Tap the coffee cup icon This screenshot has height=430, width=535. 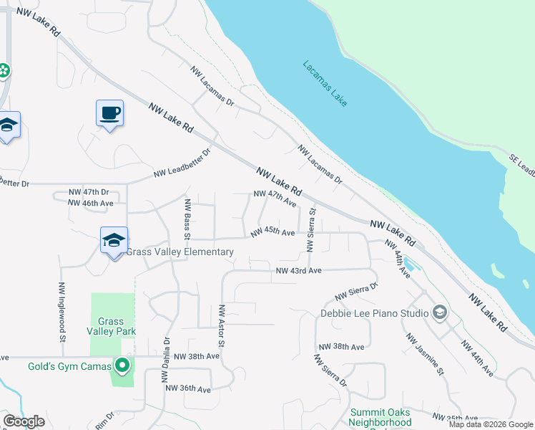[x=109, y=113]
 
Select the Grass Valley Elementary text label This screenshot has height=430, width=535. [x=180, y=252]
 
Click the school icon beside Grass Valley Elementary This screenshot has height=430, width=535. [x=114, y=241]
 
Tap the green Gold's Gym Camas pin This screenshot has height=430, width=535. [x=122, y=366]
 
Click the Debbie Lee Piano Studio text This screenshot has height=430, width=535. [x=373, y=312]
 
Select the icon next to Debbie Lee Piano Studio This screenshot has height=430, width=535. [x=439, y=312]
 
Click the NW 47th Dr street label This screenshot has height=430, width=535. [x=88, y=193]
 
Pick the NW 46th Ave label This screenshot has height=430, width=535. [x=91, y=204]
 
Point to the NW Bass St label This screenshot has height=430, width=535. [x=187, y=219]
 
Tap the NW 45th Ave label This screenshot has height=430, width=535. [x=273, y=233]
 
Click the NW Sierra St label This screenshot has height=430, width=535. [x=311, y=230]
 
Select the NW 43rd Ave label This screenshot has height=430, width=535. [x=299, y=270]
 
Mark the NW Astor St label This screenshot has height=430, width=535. [x=222, y=327]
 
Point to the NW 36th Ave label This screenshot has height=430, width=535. [x=187, y=389]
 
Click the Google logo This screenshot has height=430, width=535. [x=24, y=421]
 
